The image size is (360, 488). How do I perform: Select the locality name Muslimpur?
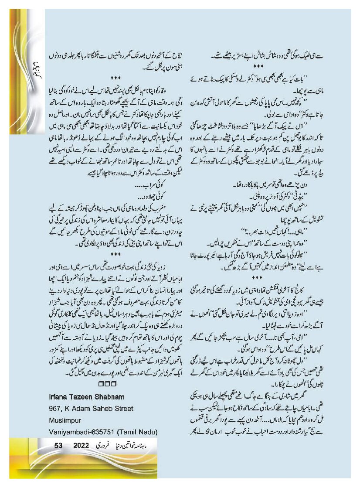pos(64,420)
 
